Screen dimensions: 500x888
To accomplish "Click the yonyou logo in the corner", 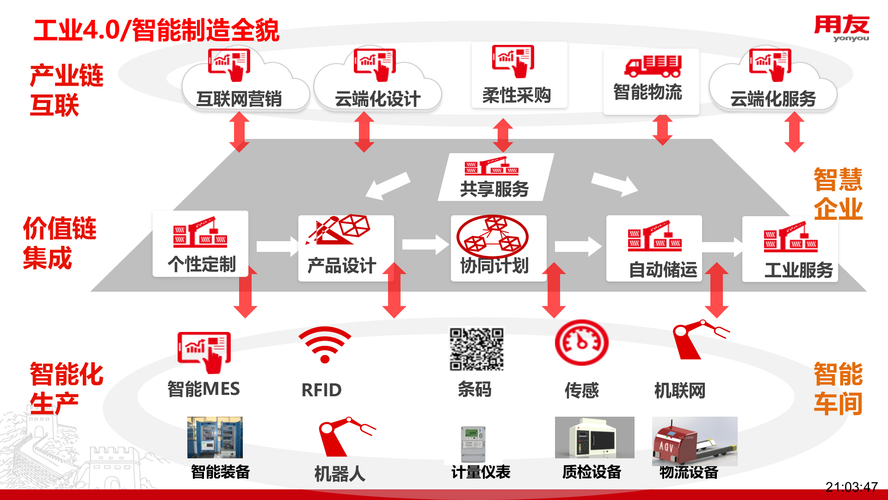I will coord(841,28).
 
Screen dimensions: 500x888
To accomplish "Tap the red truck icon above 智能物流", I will coord(653,66).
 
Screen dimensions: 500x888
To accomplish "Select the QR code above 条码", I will coord(476,349).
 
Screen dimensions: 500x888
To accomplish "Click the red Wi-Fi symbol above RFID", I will coord(325,345).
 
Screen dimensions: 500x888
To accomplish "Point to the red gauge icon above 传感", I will coord(581,343).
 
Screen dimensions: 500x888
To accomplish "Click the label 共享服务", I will coord(494,189).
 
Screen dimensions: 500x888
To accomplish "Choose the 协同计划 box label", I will coord(494,266).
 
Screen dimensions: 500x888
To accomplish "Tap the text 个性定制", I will coord(202,264).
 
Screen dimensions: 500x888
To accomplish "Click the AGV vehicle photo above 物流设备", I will coord(694,441).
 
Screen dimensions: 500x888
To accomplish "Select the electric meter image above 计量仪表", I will coord(473,443).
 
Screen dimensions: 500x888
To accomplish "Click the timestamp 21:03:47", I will coord(851,487).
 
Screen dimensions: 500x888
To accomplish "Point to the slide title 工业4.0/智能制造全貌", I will coord(156,31).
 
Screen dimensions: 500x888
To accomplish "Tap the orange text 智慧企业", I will coord(838,194).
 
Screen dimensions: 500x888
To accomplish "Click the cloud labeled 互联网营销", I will coord(239,98).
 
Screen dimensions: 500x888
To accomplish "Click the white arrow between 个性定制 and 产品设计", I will coord(277,246).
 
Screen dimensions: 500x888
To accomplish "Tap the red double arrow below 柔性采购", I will coord(503,135).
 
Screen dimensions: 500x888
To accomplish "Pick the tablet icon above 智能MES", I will coord(204,352).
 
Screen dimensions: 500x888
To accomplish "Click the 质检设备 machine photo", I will coord(594,437).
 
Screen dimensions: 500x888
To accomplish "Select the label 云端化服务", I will coord(773,99).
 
